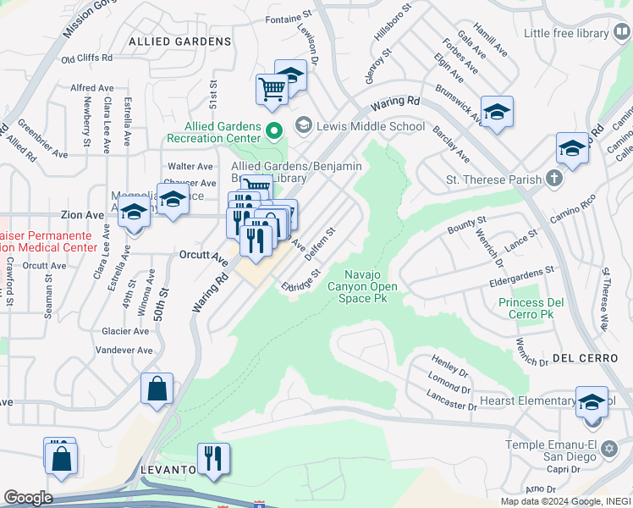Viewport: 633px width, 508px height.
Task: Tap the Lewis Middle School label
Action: click(x=371, y=127)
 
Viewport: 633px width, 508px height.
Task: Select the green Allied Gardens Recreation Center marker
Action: click(x=273, y=131)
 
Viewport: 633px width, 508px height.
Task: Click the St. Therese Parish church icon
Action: click(x=553, y=179)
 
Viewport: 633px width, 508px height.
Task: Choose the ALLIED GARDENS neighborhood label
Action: click(x=180, y=41)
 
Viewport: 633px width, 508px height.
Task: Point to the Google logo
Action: click(x=28, y=498)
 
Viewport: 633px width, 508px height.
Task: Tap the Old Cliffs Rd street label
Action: click(x=87, y=58)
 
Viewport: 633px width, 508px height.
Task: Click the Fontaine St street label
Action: click(x=283, y=19)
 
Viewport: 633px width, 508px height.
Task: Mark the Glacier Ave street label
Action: click(x=124, y=331)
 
